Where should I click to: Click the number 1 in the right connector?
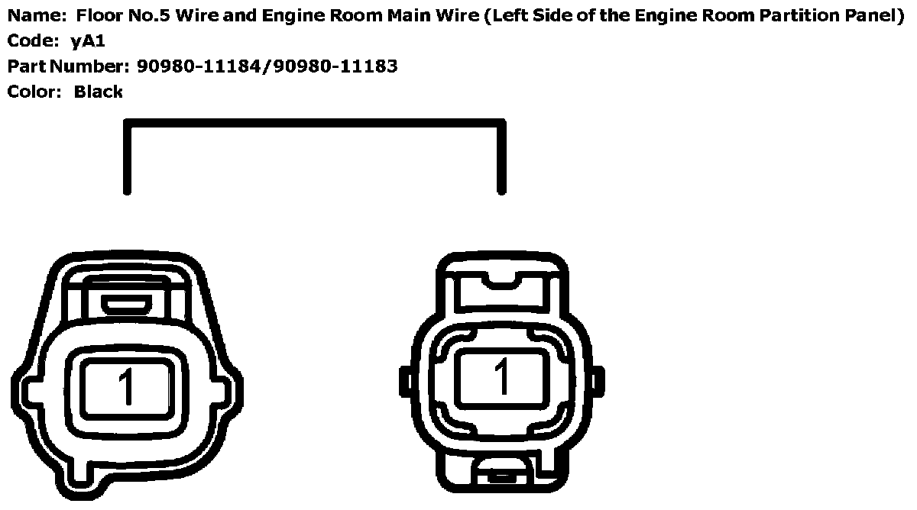(x=501, y=376)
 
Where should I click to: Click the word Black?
(x=99, y=92)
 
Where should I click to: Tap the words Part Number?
(x=69, y=66)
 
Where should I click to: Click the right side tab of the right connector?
(x=599, y=378)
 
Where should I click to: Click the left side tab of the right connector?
(x=404, y=379)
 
